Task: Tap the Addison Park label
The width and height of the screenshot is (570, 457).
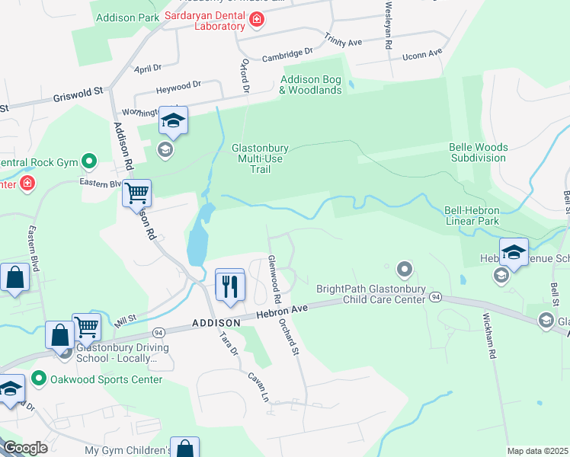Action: (x=125, y=17)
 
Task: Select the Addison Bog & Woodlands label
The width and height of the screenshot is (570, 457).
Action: (x=311, y=85)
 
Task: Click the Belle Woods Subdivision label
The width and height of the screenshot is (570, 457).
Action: (x=478, y=152)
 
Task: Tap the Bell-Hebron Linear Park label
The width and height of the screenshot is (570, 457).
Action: (x=482, y=216)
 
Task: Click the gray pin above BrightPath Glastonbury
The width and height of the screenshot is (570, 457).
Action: (x=405, y=269)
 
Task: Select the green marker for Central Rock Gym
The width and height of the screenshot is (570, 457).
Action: (x=89, y=161)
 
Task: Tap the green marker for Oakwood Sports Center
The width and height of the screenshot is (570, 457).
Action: (x=39, y=379)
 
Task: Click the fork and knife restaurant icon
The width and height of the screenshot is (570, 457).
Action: (x=229, y=286)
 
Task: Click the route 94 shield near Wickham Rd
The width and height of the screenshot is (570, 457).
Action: (x=435, y=296)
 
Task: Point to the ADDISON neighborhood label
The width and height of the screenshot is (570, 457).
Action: (x=216, y=323)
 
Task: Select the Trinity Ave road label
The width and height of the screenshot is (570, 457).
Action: (x=343, y=40)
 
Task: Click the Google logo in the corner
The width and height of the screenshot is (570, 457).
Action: (x=25, y=448)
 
